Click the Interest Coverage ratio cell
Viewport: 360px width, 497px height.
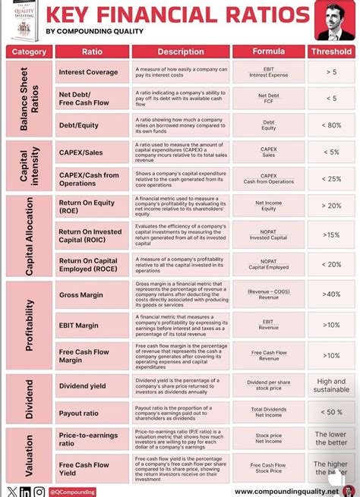click(x=88, y=72)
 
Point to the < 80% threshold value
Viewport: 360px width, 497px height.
click(x=331, y=124)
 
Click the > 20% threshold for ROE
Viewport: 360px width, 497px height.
click(x=331, y=206)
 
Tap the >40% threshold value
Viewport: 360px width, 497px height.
click(x=331, y=294)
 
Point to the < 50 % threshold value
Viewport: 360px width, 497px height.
click(x=331, y=412)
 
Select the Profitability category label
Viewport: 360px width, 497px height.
click(x=30, y=325)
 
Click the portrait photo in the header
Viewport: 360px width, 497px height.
click(x=333, y=21)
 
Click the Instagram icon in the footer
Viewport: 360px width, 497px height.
click(x=38, y=492)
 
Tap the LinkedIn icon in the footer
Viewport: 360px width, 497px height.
click(x=25, y=492)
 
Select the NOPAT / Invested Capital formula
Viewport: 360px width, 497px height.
click(x=268, y=234)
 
